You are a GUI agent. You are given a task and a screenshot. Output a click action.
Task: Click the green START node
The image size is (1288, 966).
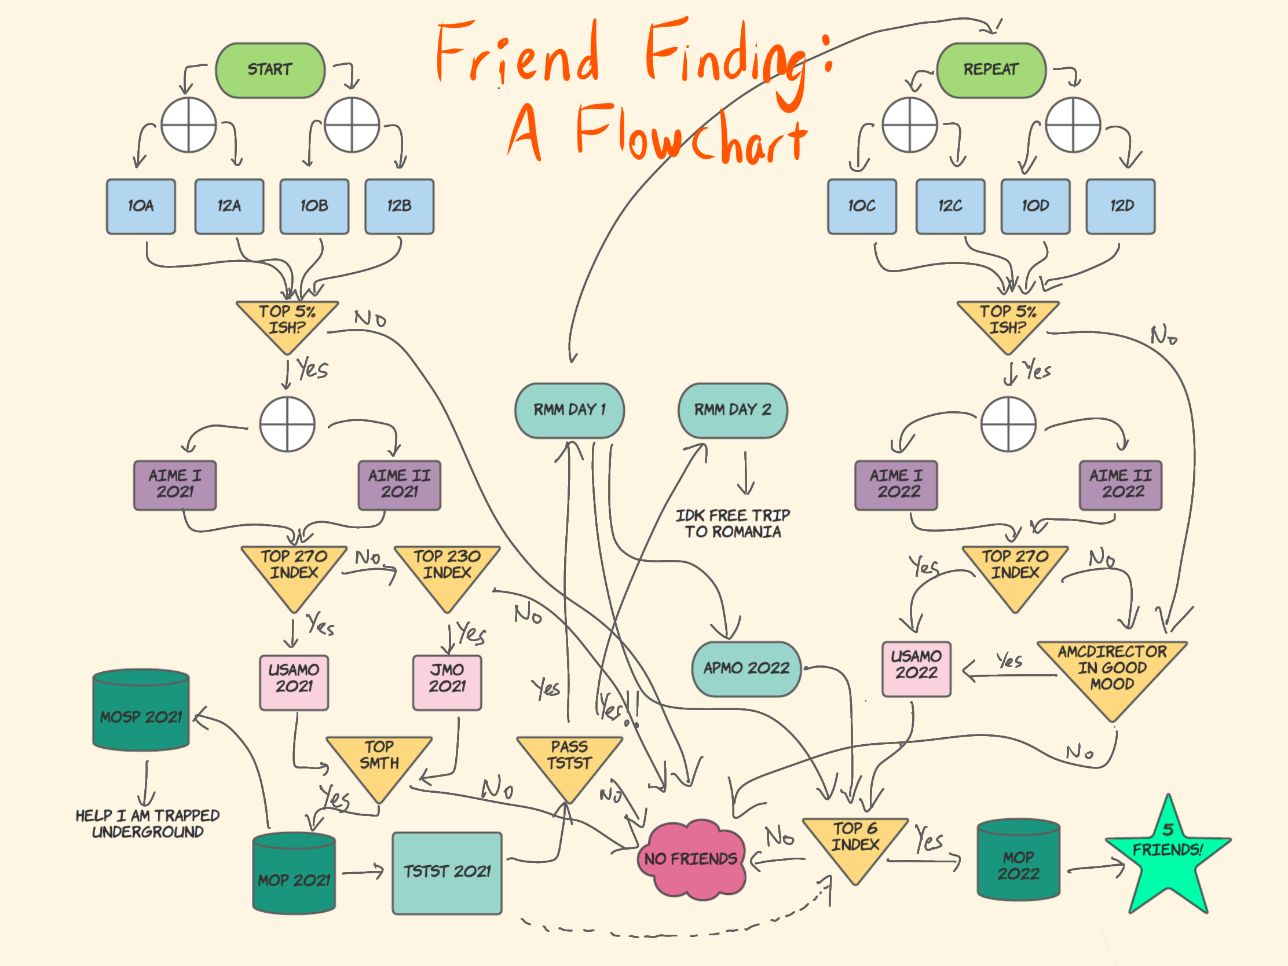pyautogui.click(x=270, y=70)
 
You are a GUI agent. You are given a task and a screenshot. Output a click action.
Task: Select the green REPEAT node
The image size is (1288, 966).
pyautogui.click(x=990, y=70)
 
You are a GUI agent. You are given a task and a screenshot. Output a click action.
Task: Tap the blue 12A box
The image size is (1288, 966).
pyautogui.click(x=229, y=206)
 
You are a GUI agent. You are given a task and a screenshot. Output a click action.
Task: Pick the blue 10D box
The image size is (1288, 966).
pyautogui.click(x=1035, y=206)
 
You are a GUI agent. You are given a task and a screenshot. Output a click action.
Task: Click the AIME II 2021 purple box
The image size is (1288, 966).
pyautogui.click(x=399, y=485)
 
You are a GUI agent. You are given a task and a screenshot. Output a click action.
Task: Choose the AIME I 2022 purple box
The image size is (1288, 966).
pyautogui.click(x=895, y=485)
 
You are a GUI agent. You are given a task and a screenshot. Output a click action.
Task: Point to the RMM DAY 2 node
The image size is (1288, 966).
pyautogui.click(x=732, y=410)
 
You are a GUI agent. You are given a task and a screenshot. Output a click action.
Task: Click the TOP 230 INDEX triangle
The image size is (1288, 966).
pyautogui.click(x=447, y=570)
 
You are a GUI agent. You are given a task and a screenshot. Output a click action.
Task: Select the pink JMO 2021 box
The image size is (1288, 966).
pyautogui.click(x=447, y=682)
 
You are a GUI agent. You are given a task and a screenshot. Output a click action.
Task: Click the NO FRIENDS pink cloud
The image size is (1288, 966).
pyautogui.click(x=690, y=859)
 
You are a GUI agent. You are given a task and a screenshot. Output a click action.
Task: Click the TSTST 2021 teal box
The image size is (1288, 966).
pyautogui.click(x=447, y=872)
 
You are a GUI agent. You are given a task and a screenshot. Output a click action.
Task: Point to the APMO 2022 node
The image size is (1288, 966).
pyautogui.click(x=746, y=668)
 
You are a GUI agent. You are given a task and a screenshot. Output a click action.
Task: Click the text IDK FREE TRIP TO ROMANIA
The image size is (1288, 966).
pyautogui.click(x=732, y=524)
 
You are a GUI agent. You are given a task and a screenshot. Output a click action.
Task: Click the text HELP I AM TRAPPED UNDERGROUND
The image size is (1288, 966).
pyautogui.click(x=147, y=824)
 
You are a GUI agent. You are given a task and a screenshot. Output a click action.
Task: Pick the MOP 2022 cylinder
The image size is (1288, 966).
pyautogui.click(x=1018, y=861)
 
